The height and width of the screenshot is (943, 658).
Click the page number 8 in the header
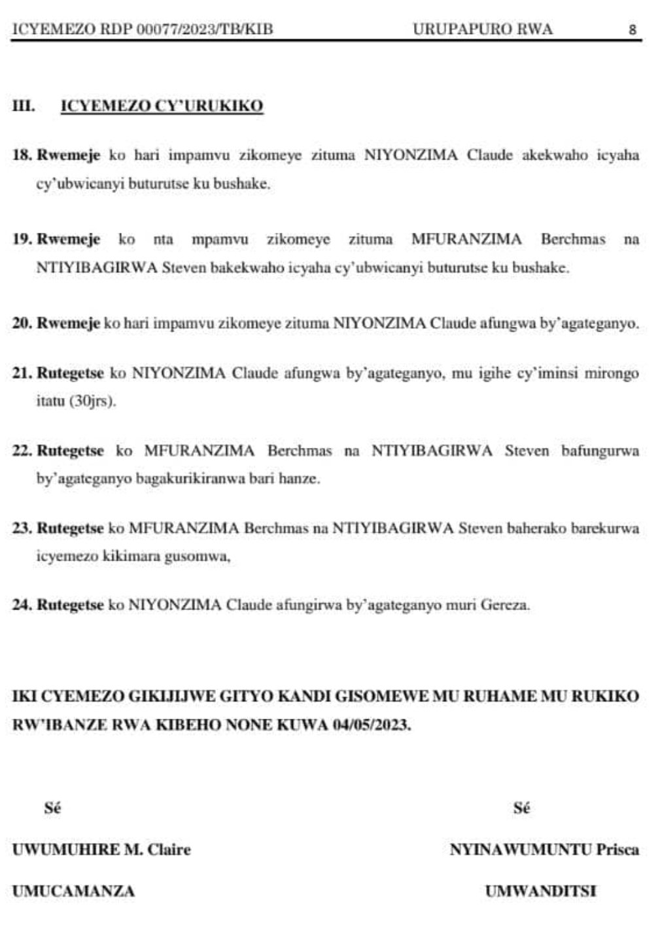point(632,29)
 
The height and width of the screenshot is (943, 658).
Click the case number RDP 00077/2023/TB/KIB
point(179,29)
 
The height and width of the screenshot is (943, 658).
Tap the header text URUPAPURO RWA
point(482,29)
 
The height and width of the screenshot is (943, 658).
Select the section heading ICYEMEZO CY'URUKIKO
point(162,107)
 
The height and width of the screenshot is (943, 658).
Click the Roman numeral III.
point(24,107)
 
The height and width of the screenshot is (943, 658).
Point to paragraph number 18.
point(22,156)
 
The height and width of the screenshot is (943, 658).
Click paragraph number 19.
point(22,239)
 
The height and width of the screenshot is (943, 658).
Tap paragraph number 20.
point(22,323)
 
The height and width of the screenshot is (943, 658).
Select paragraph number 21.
point(22,373)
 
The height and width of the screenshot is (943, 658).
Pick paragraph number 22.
point(22,451)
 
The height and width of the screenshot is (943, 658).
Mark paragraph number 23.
point(22,528)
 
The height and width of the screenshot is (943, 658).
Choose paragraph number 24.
point(22,605)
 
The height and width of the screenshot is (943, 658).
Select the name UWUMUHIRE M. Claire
point(101,849)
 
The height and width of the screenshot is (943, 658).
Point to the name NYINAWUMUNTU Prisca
point(544,849)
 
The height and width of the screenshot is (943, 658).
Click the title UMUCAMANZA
point(73,891)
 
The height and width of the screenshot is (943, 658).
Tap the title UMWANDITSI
point(540,891)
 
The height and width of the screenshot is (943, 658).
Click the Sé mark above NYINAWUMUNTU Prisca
point(521,808)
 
